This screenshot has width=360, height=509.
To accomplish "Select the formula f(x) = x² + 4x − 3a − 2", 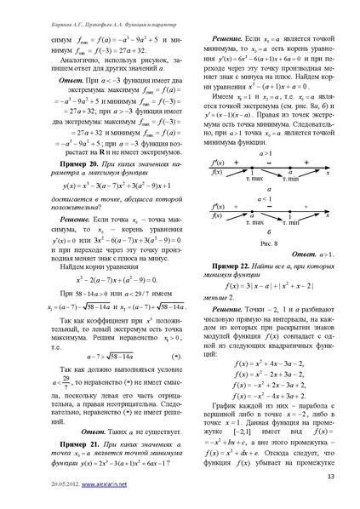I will [x=269, y=365].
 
